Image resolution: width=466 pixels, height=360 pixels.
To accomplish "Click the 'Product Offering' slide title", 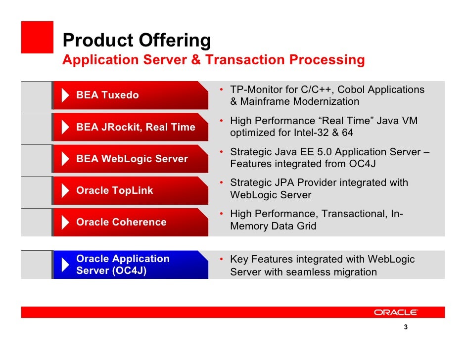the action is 137,40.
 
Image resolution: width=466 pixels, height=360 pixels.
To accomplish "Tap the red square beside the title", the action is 37,37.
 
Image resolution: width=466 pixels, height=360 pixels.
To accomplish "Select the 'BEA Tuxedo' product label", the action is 107,95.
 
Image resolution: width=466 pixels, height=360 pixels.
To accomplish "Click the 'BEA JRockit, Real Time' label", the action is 136,127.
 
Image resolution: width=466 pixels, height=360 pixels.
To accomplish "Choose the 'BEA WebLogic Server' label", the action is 132,159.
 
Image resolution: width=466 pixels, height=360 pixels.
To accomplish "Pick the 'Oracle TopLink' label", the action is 115,190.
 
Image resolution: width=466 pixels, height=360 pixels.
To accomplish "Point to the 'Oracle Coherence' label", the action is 121,222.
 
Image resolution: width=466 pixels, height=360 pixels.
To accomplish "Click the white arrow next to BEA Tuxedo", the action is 65,95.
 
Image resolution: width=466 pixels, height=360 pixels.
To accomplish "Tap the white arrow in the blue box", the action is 65,265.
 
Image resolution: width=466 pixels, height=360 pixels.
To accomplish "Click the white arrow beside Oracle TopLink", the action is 65,190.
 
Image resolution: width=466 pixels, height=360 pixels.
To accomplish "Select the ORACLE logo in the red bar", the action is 396,312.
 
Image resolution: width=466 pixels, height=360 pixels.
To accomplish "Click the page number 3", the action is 406,327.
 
